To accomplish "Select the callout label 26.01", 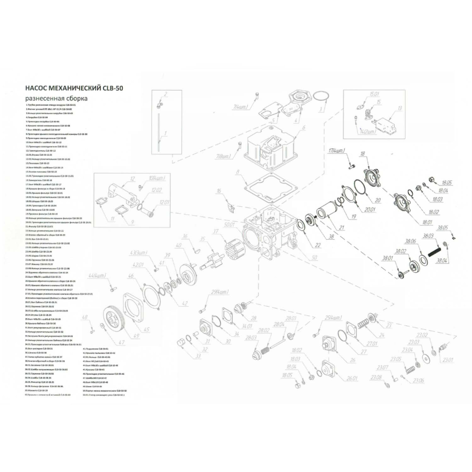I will [352, 378].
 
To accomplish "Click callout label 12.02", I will [157, 190].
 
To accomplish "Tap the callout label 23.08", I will [376, 377].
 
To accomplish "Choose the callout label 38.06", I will [410, 241].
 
